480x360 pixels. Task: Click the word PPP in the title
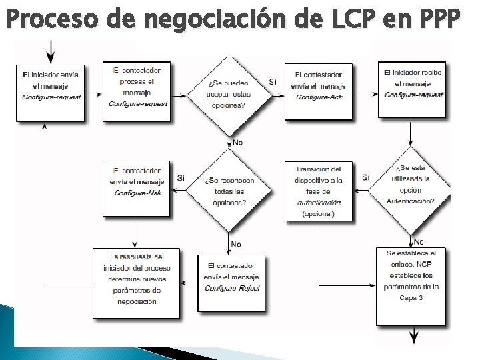click(437, 21)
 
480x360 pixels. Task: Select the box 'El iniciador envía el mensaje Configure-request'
click(51, 92)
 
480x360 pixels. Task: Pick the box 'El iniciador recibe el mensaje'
click(413, 89)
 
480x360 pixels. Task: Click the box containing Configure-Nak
click(136, 187)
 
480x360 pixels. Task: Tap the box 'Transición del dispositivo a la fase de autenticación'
click(318, 191)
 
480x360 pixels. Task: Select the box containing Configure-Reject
click(231, 282)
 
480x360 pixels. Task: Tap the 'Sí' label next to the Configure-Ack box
click(273, 81)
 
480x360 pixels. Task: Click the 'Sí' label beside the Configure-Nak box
click(181, 177)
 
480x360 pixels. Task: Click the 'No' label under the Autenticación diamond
click(419, 241)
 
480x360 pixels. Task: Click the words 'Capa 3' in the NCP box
click(411, 297)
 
